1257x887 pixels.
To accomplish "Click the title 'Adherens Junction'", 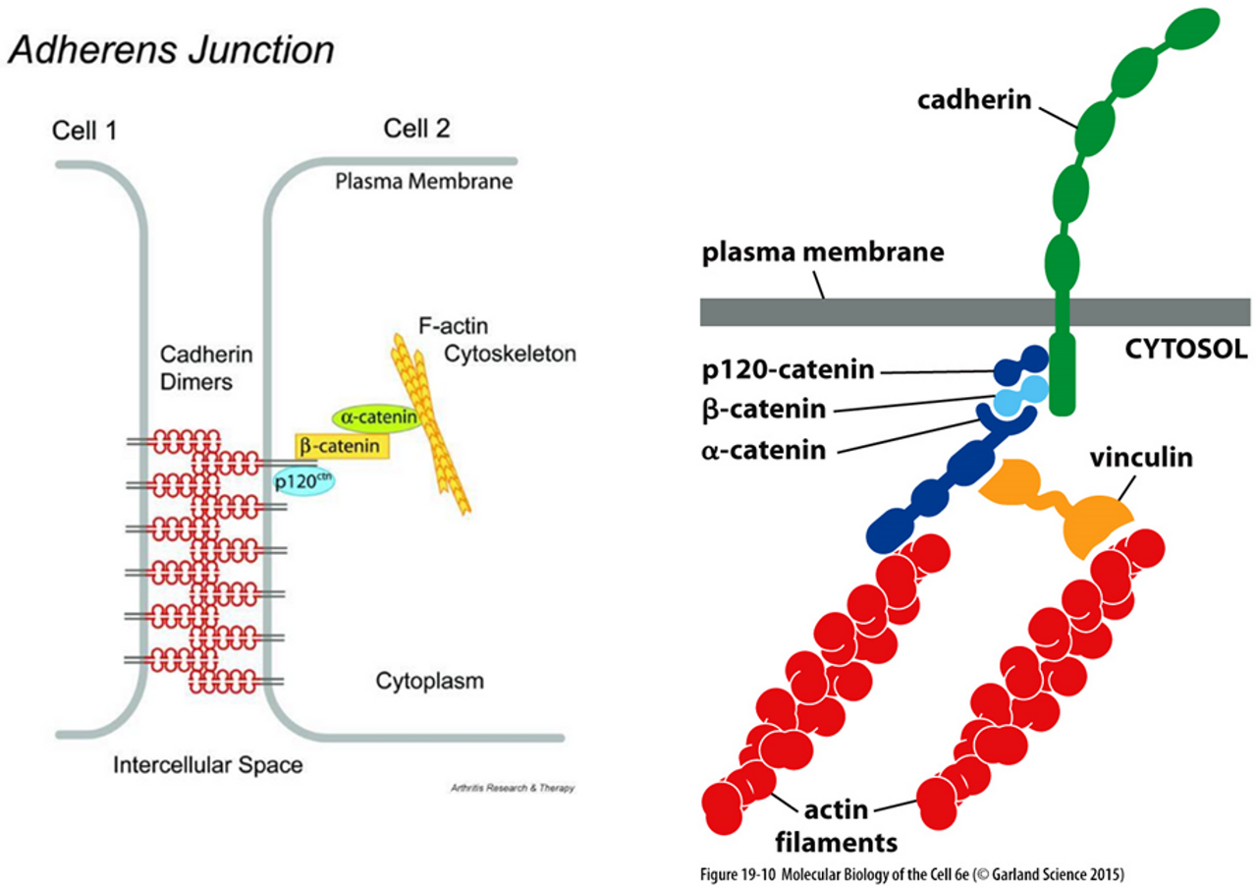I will [171, 50].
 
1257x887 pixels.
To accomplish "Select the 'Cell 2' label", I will [418, 128].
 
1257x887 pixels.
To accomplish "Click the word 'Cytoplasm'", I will [430, 681].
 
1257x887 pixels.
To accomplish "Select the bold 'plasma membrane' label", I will [823, 252].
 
